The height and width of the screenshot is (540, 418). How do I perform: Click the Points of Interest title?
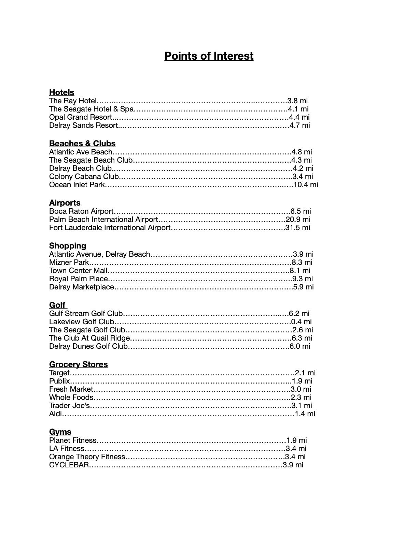(209, 56)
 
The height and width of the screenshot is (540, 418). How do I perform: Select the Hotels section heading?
(61, 92)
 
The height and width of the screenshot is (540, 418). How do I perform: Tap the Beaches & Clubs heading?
(82, 144)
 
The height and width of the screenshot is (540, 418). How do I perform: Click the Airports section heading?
(65, 203)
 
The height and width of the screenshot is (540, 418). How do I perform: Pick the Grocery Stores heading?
(78, 364)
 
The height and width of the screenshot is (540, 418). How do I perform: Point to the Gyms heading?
(60, 432)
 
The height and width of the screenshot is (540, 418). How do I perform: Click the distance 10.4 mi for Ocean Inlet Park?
(306, 185)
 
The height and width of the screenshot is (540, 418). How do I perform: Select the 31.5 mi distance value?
(298, 228)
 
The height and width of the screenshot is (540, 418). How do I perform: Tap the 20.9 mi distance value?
(298, 220)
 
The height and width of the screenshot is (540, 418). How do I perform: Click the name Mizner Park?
(69, 262)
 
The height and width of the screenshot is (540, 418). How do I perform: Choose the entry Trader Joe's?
(70, 406)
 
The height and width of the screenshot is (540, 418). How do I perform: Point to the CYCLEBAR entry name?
(69, 465)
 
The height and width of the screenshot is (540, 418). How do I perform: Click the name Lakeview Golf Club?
(82, 322)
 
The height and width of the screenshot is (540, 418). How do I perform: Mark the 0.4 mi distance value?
(301, 322)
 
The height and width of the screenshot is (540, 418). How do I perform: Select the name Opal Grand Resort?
(81, 117)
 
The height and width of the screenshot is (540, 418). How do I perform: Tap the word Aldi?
(56, 414)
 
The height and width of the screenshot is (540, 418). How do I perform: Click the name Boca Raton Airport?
(81, 211)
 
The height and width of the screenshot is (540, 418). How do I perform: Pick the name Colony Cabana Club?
(84, 177)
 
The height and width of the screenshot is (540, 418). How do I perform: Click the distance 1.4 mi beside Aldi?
(305, 414)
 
